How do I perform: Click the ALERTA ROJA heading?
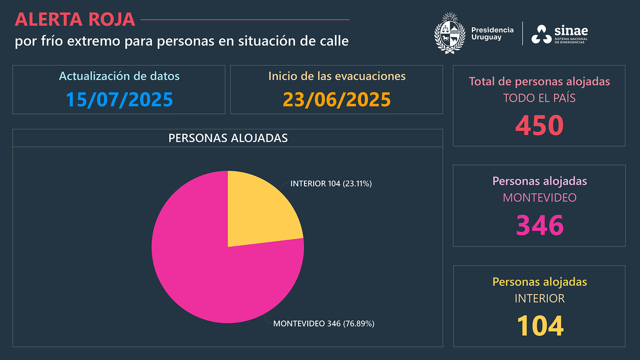point(75,19)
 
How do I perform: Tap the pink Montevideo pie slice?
point(208,267)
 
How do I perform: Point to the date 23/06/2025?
point(337,99)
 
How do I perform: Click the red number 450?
point(539,125)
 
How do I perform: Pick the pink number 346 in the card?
point(539,225)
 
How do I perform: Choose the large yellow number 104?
point(539,325)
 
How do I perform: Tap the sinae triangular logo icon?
point(541,35)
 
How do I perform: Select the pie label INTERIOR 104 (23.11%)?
point(331,183)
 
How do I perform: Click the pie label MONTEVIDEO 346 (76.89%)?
point(324,323)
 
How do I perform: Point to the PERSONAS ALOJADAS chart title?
point(228,138)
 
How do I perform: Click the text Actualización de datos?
point(119,76)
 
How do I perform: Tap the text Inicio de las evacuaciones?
point(337,76)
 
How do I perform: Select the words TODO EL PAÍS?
point(539,98)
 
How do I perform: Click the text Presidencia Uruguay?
point(492,34)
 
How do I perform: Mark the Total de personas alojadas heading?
point(539,82)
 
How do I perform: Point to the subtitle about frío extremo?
point(182,41)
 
